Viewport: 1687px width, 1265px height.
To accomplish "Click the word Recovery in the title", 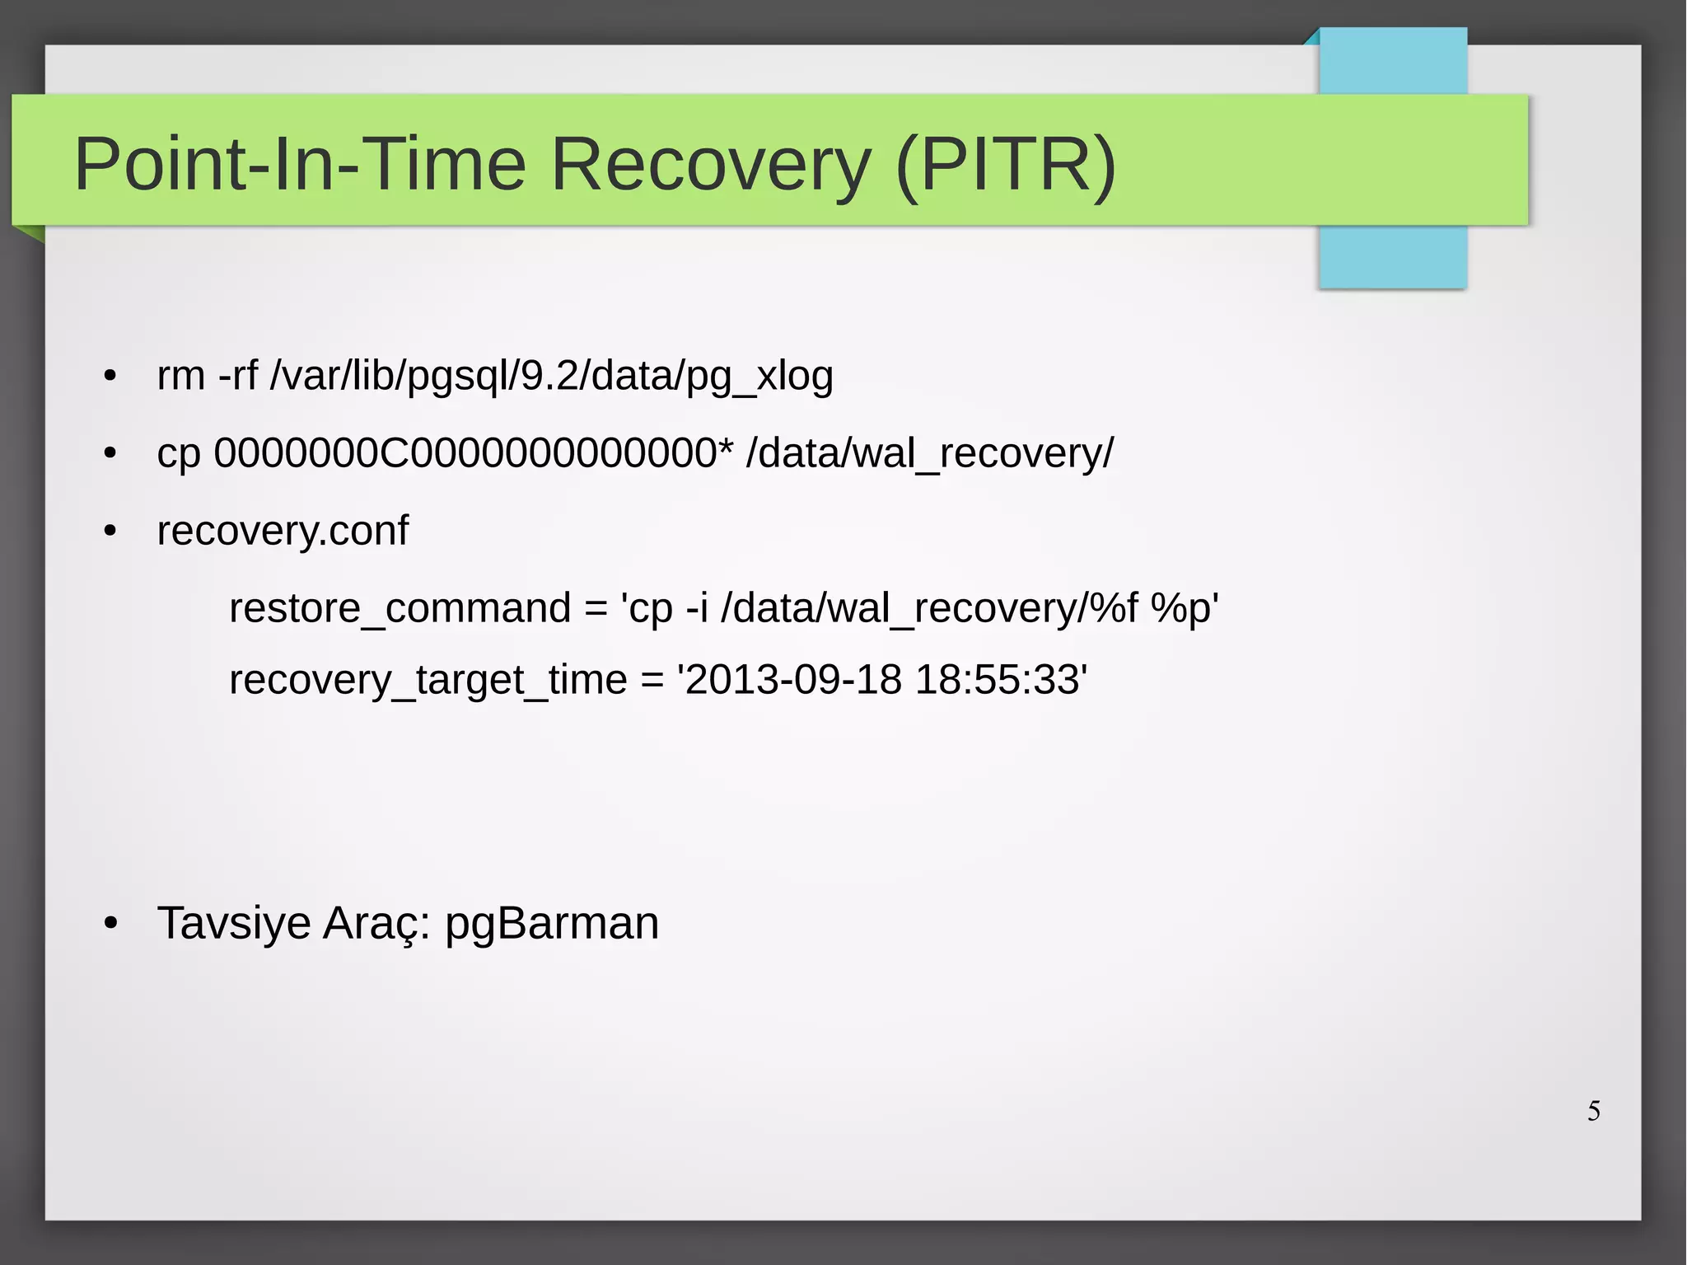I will pyautogui.click(x=710, y=165).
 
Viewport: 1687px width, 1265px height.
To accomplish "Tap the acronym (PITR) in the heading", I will pyautogui.click(x=1005, y=165).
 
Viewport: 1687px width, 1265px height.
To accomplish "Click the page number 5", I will pyautogui.click(x=1594, y=1111).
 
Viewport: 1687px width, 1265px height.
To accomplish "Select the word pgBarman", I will pyautogui.click(x=552, y=924).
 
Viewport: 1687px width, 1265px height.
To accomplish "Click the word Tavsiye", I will pyautogui.click(x=234, y=923).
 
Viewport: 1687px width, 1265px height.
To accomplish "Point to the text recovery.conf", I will pyautogui.click(x=283, y=531).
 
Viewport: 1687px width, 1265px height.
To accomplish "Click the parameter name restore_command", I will pyautogui.click(x=400, y=609).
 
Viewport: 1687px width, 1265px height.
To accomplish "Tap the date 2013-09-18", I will pyautogui.click(x=793, y=681).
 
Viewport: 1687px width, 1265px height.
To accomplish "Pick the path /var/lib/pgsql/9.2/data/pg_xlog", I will pyautogui.click(x=552, y=377).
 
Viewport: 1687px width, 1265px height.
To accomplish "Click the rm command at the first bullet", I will pyautogui.click(x=181, y=377).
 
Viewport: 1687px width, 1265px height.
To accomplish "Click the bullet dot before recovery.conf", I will pyautogui.click(x=110, y=532).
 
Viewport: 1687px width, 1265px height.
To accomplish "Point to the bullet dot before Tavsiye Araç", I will pyautogui.click(x=110, y=924).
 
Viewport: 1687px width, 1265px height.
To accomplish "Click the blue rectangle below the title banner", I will pyautogui.click(x=1392, y=256).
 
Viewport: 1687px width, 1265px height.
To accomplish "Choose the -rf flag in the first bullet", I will pyautogui.click(x=238, y=377).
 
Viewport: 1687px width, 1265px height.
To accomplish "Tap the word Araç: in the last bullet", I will pyautogui.click(x=376, y=924).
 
